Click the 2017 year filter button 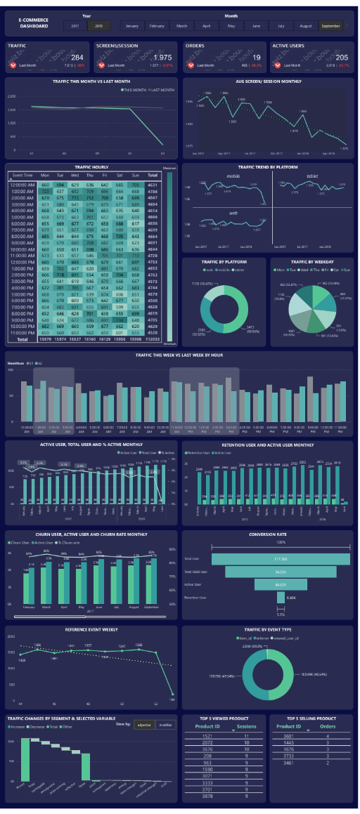[75, 26]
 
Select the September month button [330, 26]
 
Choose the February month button [157, 26]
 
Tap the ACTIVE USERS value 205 [342, 58]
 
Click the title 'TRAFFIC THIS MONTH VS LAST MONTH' [91, 81]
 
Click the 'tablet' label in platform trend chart [312, 176]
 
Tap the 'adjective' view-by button [144, 724]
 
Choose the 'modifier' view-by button [166, 724]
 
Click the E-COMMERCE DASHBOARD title [34, 24]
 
